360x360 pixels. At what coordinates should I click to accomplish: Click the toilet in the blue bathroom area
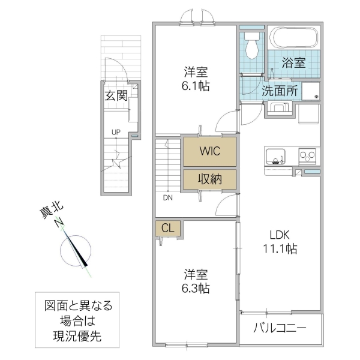[x=251, y=45]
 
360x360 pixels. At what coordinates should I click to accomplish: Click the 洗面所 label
[x=279, y=92]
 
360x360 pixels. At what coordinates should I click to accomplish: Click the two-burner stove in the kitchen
[x=308, y=156]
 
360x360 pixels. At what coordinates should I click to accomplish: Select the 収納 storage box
[x=209, y=179]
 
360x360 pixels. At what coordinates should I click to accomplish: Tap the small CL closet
[x=168, y=229]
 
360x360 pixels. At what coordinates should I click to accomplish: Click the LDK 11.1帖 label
[x=279, y=241]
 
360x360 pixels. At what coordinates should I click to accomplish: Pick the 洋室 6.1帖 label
[x=196, y=79]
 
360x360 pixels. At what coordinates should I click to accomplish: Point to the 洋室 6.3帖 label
[x=196, y=281]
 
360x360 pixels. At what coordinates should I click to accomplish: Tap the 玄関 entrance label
[x=116, y=95]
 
